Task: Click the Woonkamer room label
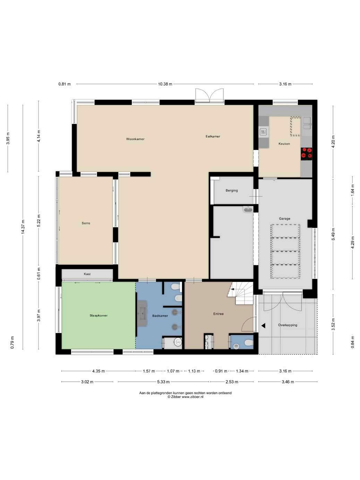135,139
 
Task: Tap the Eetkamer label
213,136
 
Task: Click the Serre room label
86,223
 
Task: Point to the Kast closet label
87,274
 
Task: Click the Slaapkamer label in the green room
98,315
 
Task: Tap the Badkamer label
160,316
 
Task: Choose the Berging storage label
232,190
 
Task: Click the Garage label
285,218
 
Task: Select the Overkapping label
288,325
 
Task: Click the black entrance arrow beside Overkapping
263,326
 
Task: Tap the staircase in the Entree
240,293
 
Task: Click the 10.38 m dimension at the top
165,84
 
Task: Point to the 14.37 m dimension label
23,227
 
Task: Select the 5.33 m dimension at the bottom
163,382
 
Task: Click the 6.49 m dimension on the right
333,234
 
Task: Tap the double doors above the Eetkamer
209,95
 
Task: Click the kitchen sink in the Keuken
307,123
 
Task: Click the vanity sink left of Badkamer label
142,314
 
